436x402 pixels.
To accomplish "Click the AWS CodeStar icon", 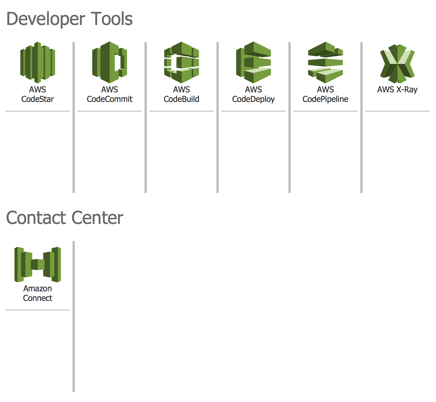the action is (37, 62).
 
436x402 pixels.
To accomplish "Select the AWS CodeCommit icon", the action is (110, 62).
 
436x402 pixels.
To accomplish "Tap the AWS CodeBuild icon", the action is (182, 62).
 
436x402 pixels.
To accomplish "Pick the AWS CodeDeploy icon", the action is (253, 62).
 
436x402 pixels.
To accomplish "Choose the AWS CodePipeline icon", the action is (325, 62).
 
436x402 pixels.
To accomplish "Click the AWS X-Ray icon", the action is (397, 64).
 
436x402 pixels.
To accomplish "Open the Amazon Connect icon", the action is (37, 264).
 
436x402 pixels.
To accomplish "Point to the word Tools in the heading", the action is (112, 19).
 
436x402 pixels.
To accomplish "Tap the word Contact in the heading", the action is (36, 218).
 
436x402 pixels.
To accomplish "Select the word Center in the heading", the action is (97, 218).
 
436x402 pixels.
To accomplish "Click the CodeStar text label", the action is (37, 99).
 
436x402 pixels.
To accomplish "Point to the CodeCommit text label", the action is (110, 99).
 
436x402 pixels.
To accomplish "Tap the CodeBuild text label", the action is (182, 99).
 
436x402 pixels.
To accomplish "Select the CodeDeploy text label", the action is (253, 99).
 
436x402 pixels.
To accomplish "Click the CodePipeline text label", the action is (325, 99).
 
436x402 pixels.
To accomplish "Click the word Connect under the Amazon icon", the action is (37, 298).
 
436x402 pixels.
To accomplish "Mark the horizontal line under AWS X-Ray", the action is (397, 111).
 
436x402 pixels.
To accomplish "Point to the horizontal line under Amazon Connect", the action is (37, 310).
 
